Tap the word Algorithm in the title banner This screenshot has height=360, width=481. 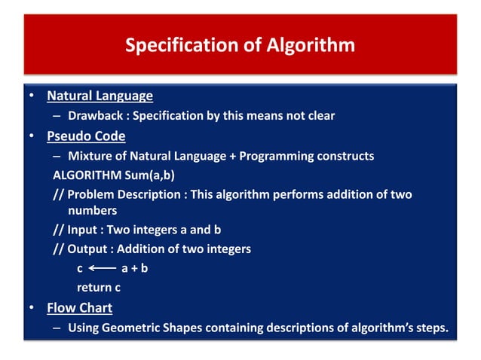click(310, 45)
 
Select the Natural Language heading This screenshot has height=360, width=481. click(100, 96)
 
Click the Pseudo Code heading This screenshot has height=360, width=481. click(86, 136)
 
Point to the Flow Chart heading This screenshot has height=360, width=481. click(79, 308)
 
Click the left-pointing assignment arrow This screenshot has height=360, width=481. click(102, 268)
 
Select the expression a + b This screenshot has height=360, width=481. click(134, 268)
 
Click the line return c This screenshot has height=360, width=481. click(99, 287)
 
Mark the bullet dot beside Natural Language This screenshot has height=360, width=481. click(32, 97)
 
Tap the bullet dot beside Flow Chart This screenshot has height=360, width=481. click(32, 309)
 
